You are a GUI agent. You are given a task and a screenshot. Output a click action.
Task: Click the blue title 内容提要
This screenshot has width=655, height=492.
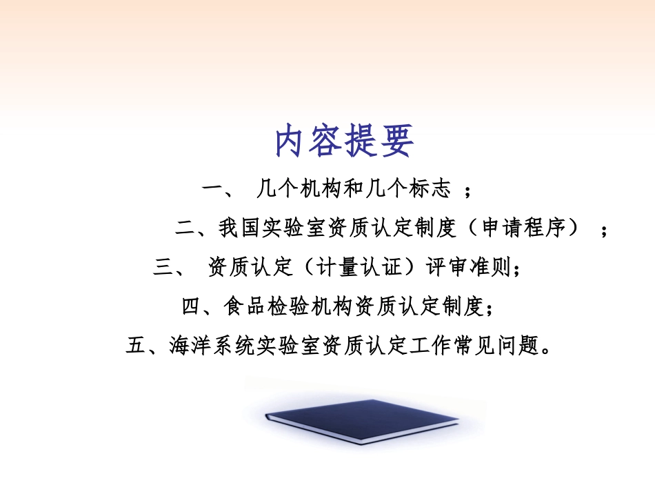344,141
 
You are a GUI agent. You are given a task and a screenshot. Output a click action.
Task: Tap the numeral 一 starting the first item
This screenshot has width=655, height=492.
211,188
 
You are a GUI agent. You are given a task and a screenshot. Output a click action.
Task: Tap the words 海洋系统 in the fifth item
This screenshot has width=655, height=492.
201,346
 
